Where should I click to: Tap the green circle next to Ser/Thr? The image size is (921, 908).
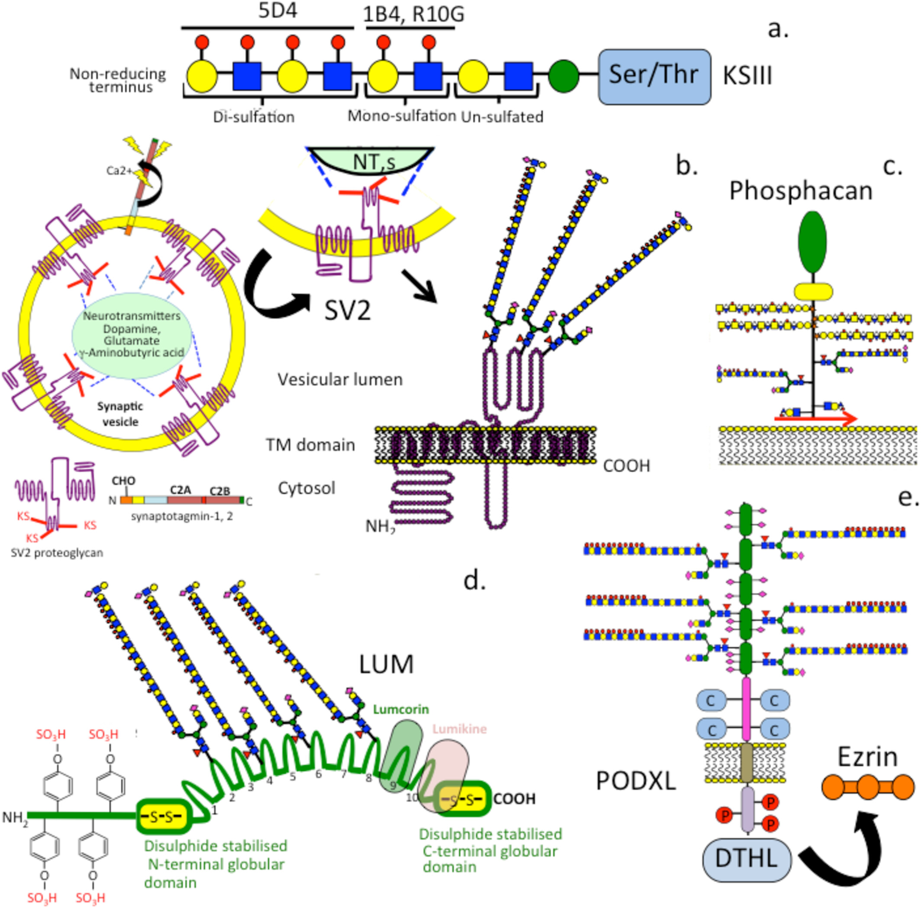[x=564, y=76]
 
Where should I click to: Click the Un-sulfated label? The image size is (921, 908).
[x=502, y=117]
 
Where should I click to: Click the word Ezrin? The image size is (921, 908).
[x=868, y=757]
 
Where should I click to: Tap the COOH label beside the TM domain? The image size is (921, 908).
[x=626, y=466]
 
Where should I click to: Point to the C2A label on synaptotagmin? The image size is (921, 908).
[x=180, y=490]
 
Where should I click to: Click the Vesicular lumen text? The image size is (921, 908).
[x=340, y=380]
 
